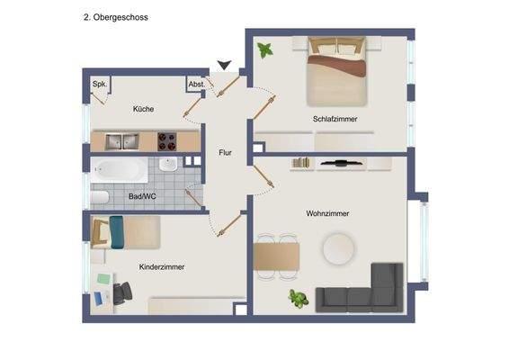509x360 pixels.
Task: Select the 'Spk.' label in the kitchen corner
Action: click(x=98, y=85)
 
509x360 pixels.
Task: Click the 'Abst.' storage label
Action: click(x=196, y=85)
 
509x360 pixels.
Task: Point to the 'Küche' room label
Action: click(x=143, y=109)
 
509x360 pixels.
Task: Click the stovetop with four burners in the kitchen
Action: click(x=167, y=140)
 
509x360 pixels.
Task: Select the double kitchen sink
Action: click(x=120, y=141)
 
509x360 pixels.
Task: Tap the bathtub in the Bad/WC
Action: click(x=120, y=168)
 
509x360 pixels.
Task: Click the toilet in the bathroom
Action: click(x=100, y=197)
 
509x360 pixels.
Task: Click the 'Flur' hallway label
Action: click(x=225, y=153)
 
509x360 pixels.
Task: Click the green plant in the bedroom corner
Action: click(x=265, y=50)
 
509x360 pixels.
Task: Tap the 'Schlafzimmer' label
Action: click(x=336, y=118)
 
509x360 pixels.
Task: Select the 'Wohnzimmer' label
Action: click(x=327, y=213)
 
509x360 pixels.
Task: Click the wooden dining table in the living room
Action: click(x=276, y=256)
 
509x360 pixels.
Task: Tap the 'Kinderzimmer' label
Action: click(x=162, y=267)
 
